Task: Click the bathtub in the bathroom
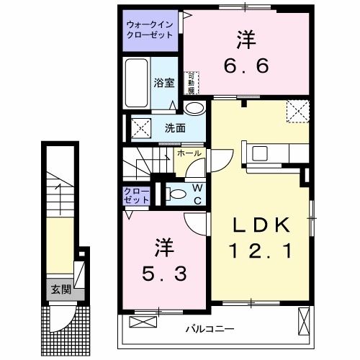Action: click(x=136, y=84)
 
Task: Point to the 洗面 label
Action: click(x=175, y=128)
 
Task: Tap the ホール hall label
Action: click(x=189, y=153)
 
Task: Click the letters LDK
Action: click(x=260, y=226)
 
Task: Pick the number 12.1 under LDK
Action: click(x=260, y=252)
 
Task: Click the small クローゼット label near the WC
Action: click(x=136, y=194)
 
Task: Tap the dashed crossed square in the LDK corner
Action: click(x=296, y=111)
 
